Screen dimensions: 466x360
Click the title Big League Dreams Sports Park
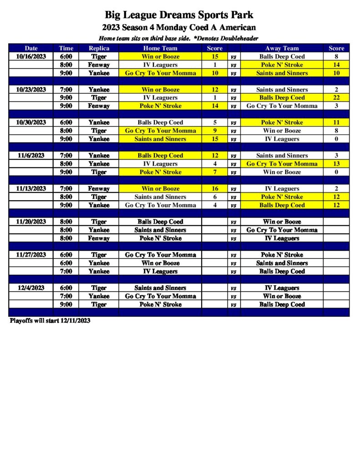tap(179, 15)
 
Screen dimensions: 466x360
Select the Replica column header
tap(99, 48)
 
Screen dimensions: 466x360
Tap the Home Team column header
tap(160, 48)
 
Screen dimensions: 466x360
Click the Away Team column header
tap(282, 48)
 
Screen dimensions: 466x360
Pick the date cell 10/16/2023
tap(31, 57)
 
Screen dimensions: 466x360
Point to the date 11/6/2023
tap(31, 156)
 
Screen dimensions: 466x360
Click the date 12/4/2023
tap(31, 288)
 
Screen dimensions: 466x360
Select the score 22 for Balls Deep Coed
tap(336, 98)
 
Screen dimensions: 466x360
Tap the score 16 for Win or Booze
tap(215, 189)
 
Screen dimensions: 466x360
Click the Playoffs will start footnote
tap(50, 321)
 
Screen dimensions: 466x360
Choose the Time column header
tap(66, 48)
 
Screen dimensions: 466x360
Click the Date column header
tap(31, 48)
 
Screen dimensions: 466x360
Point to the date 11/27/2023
tap(31, 255)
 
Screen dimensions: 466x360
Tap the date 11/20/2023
tap(31, 222)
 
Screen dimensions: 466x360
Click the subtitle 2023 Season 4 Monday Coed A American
tap(179, 28)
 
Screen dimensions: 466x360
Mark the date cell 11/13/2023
tap(31, 189)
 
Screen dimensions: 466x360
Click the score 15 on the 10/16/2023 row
tap(215, 57)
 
